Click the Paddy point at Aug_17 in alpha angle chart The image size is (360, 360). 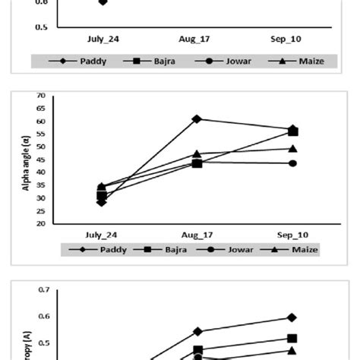197,118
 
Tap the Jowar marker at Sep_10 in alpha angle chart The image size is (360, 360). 292,163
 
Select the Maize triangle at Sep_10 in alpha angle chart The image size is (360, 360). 292,149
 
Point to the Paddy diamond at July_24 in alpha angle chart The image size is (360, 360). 102,202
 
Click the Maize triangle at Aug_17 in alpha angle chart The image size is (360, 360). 197,154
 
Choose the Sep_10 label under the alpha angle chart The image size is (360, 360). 292,235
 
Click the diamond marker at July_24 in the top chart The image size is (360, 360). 103,2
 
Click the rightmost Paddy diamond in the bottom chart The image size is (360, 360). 292,317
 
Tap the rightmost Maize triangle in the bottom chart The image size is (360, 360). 292,350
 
